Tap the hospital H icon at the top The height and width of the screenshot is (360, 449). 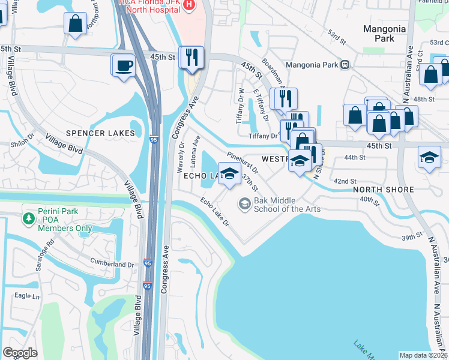(190, 5)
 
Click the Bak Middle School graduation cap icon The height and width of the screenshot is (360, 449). (244, 204)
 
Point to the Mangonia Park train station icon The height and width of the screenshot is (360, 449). (345, 64)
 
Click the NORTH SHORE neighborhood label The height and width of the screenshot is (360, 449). (384, 190)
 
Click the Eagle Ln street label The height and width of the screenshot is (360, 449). (27, 296)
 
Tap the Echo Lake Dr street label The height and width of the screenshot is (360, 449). (215, 212)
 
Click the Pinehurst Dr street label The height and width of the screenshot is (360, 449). (243, 163)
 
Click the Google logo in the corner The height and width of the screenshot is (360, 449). (20, 352)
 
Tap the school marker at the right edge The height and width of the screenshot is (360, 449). (429, 158)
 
